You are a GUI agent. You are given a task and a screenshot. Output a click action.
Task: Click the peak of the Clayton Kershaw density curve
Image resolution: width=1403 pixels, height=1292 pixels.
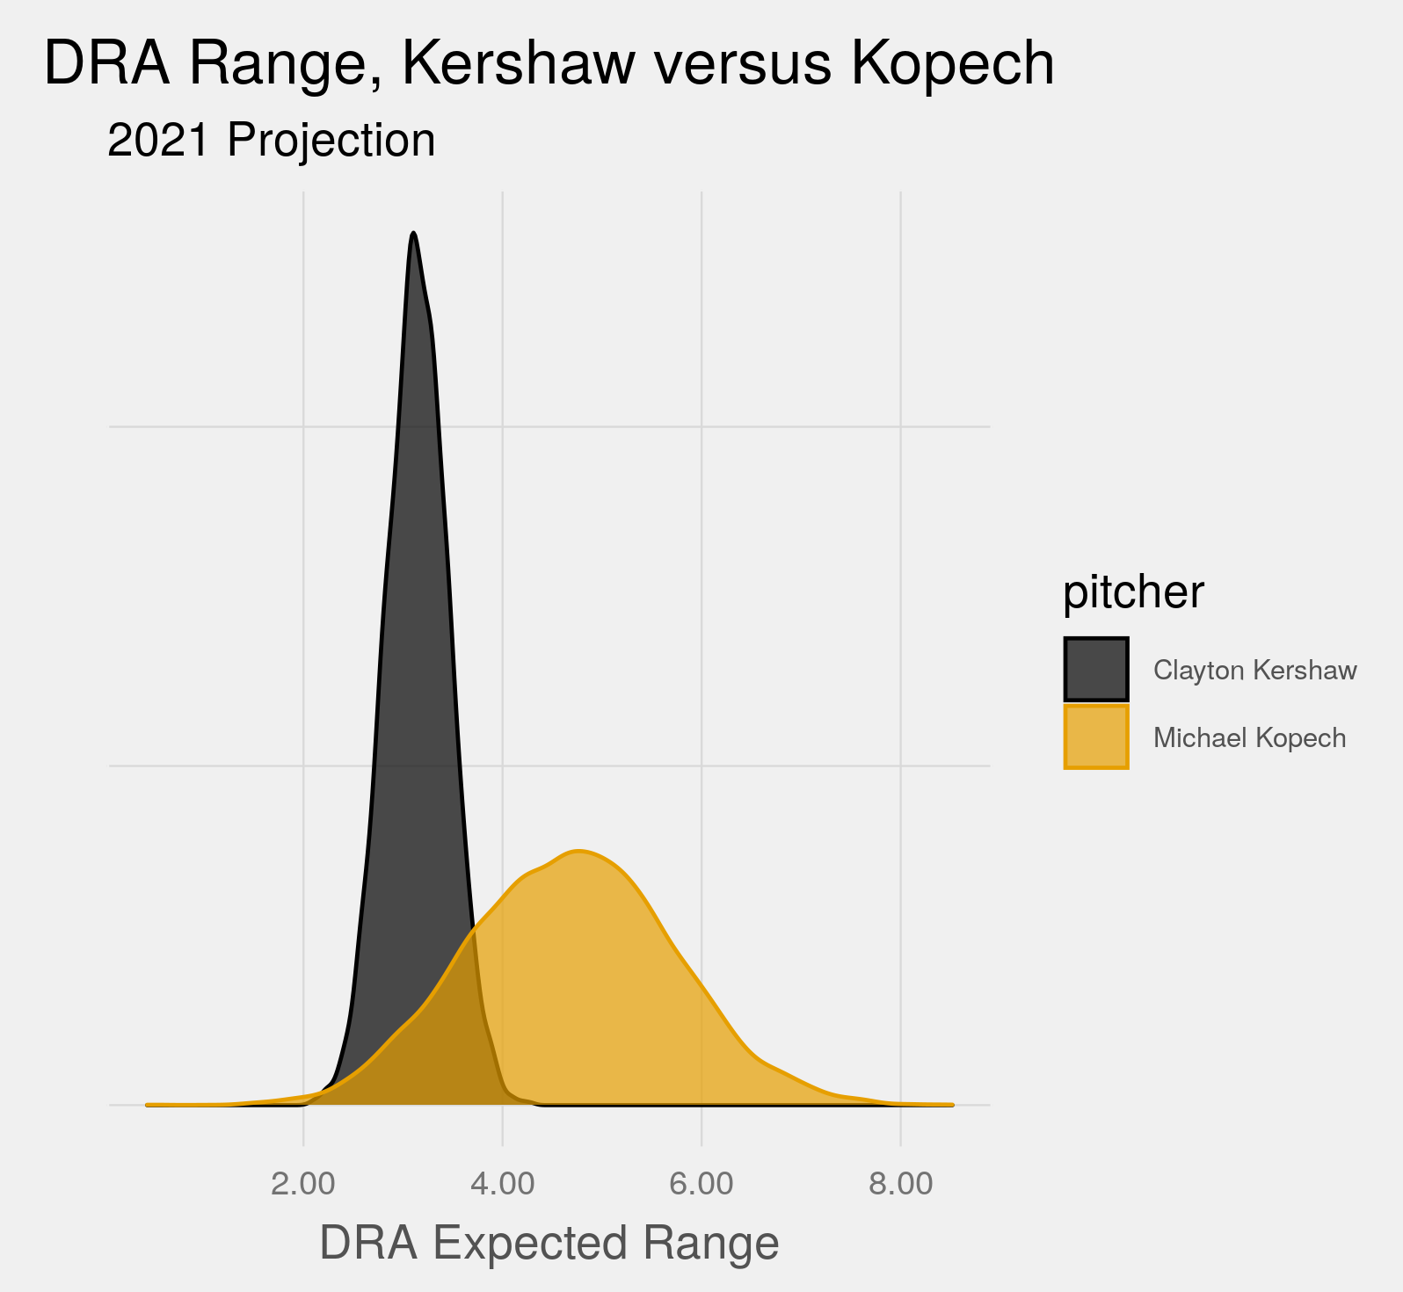coord(413,234)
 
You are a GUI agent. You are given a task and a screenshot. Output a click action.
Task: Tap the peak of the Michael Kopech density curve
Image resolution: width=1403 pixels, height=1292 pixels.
coord(578,852)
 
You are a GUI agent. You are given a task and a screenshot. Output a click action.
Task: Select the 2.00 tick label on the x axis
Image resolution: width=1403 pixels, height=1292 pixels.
coord(303,1184)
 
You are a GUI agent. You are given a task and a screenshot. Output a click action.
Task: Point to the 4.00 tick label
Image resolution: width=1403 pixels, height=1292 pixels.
coord(502,1184)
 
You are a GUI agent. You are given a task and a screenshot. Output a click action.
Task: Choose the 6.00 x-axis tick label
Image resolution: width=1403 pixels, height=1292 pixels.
coord(701,1184)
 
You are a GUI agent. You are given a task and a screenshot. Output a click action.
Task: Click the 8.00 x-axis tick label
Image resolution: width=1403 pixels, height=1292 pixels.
coord(900,1184)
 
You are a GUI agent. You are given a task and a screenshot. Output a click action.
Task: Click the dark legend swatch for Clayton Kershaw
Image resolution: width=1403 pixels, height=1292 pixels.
coord(1096,670)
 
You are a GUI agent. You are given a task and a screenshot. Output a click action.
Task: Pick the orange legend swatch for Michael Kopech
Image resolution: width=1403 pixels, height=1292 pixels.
coord(1096,737)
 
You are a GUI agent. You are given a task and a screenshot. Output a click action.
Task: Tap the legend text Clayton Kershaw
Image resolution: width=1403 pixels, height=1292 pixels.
coord(1254,671)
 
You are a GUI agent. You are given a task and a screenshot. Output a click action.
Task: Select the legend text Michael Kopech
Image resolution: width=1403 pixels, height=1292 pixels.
coord(1249,737)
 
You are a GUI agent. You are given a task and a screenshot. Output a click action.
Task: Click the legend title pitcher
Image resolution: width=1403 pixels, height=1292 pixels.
coord(1133,592)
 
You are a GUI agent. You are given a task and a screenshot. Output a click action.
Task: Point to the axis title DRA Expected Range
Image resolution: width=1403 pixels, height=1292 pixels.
coord(549,1243)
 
